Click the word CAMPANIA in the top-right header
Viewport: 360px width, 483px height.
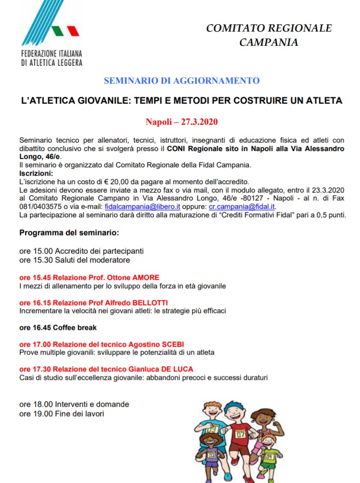click(x=268, y=42)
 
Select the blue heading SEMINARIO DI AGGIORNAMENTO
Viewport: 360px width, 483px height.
click(x=182, y=80)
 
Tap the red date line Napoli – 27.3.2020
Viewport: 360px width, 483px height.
click(x=182, y=122)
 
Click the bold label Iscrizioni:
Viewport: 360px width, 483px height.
click(x=36, y=173)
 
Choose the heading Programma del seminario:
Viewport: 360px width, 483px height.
click(x=69, y=232)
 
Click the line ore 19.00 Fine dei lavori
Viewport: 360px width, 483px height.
click(x=62, y=413)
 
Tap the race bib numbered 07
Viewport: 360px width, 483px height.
click(x=241, y=435)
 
